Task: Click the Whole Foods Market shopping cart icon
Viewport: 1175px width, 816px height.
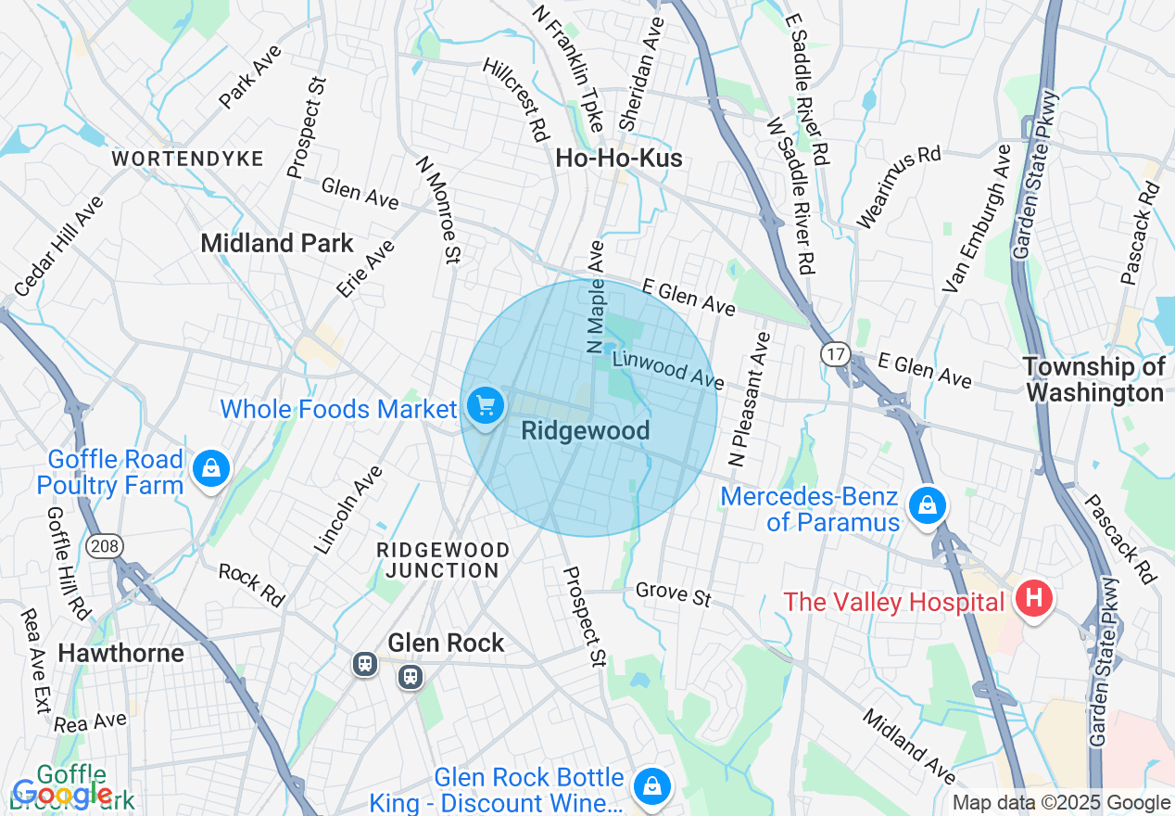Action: tap(485, 406)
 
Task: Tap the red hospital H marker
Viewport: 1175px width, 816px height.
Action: tap(1033, 598)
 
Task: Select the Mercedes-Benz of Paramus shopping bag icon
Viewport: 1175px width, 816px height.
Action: tap(926, 506)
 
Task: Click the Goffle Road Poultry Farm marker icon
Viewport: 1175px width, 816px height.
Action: tap(211, 470)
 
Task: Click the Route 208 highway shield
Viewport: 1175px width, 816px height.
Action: tap(104, 546)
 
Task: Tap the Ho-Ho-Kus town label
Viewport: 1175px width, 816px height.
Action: tap(619, 159)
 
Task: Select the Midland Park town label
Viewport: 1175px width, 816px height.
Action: tap(277, 243)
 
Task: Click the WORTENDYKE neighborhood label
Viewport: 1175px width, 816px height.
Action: tap(188, 159)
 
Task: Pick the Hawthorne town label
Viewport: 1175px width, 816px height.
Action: tap(120, 653)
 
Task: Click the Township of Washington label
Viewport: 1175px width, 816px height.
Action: tap(1094, 379)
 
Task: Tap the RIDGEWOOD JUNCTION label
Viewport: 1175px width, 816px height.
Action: tap(443, 560)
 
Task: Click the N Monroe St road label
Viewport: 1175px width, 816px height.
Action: tap(437, 210)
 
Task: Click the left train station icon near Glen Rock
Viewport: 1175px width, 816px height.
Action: tap(366, 664)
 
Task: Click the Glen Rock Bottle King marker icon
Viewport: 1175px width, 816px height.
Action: tap(652, 785)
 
